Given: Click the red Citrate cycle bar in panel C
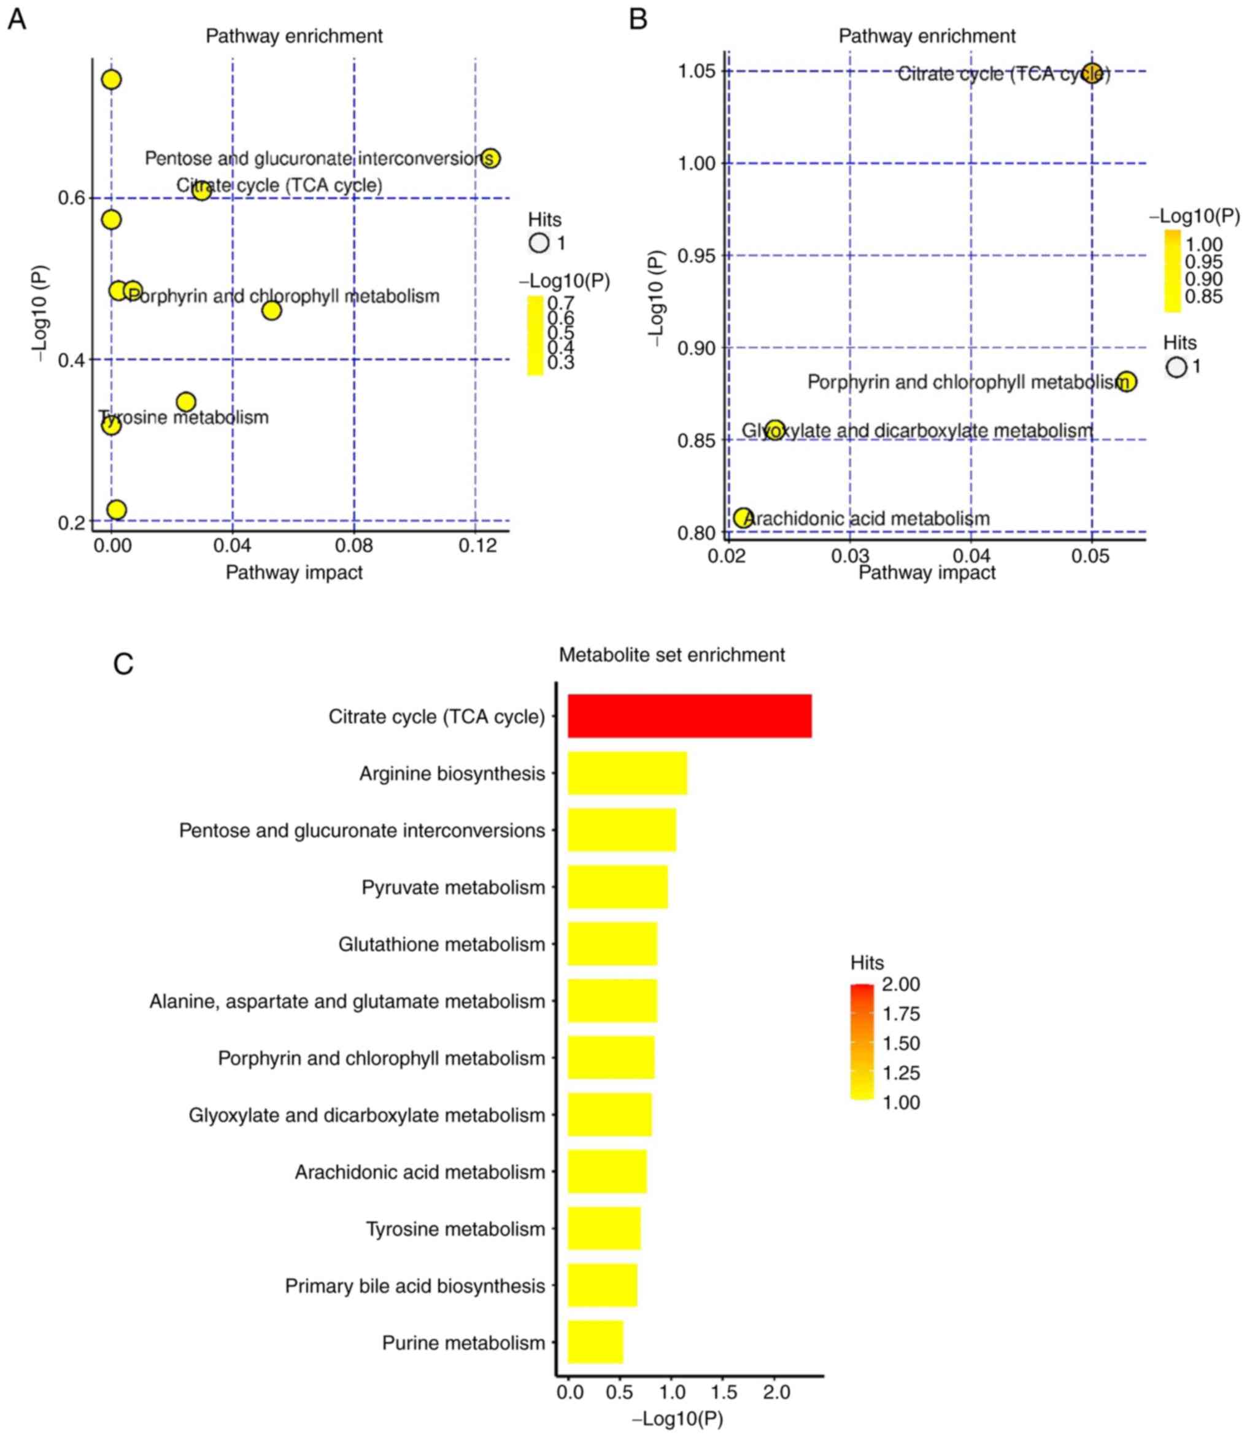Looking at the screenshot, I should (689, 715).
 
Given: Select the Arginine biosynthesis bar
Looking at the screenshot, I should (627, 772).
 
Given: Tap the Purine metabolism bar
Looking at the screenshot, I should (595, 1342).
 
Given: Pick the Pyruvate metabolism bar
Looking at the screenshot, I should (617, 887).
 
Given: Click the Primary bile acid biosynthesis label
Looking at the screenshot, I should (415, 1285).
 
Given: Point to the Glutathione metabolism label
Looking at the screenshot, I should (441, 944).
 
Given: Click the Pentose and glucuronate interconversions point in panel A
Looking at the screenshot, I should (490, 159).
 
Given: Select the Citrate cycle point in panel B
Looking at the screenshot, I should (1092, 72).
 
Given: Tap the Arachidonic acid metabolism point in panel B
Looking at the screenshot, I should (743, 518).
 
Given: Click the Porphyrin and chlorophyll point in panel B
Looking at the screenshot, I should (1126, 382).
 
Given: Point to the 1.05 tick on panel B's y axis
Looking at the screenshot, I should (697, 71).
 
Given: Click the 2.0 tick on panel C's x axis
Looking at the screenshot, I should (776, 1392).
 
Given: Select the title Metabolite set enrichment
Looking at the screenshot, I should (671, 655).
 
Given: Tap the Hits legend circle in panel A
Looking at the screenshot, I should (539, 243).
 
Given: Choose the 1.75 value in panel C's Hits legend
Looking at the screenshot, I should (901, 1013).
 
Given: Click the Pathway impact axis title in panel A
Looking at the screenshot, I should (294, 572).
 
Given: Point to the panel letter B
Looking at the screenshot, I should (638, 19).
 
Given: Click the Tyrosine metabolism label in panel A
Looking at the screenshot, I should (183, 417).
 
